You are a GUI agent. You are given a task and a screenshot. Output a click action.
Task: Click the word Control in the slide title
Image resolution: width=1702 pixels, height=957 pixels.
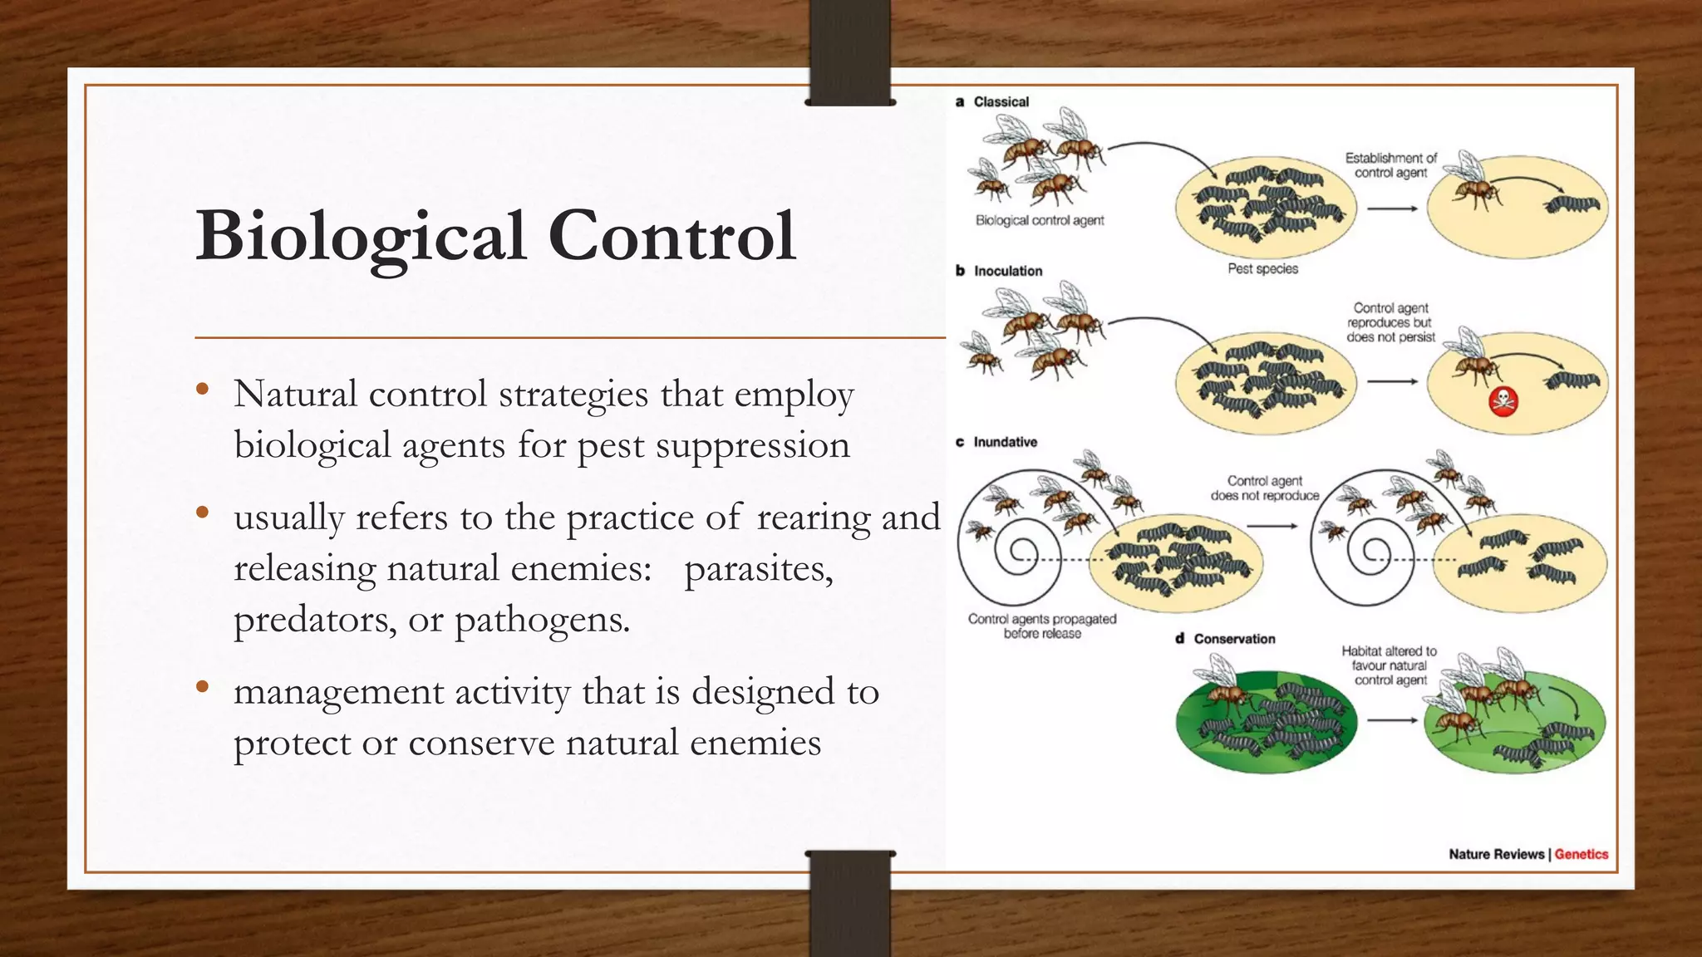tap(671, 236)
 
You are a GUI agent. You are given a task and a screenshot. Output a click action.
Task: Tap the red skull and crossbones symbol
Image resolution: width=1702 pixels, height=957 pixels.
tap(1503, 401)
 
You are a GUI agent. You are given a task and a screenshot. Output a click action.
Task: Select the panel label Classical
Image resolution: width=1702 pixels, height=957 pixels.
tap(1001, 102)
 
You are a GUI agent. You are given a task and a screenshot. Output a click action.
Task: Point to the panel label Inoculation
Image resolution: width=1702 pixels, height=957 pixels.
tap(1007, 271)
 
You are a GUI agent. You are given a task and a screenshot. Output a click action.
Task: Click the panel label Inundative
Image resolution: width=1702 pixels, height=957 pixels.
tap(1005, 442)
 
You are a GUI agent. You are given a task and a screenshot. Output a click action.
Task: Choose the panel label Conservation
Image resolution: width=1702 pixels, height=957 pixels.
tap(1234, 639)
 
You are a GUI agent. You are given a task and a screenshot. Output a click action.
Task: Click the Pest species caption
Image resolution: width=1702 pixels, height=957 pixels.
tap(1262, 269)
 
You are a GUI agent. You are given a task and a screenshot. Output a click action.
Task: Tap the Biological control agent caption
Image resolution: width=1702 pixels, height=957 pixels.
tap(1040, 221)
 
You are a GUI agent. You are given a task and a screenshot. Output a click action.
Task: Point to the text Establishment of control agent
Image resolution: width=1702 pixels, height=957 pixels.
tap(1390, 165)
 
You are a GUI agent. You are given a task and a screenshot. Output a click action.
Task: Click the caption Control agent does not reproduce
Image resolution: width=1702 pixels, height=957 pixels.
tap(1264, 488)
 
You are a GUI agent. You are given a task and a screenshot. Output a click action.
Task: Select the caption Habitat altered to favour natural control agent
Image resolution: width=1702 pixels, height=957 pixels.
tap(1390, 665)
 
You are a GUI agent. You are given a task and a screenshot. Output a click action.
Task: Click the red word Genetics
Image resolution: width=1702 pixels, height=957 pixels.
tap(1581, 854)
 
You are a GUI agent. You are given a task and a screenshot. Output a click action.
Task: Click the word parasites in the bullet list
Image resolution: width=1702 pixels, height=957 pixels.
tap(758, 569)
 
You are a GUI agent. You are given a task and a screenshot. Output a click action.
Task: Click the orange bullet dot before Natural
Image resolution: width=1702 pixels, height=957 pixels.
tap(202, 390)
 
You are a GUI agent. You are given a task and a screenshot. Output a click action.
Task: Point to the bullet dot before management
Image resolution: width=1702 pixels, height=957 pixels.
tap(202, 687)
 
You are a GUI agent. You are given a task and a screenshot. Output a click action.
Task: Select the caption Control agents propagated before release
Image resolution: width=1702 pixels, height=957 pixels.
tap(1042, 626)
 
